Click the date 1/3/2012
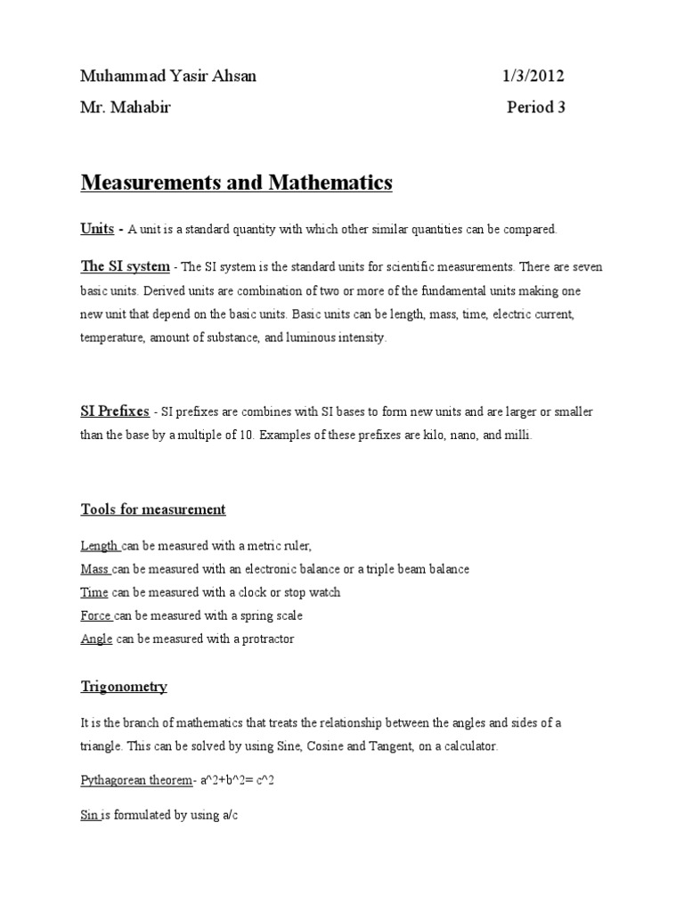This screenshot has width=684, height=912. point(533,77)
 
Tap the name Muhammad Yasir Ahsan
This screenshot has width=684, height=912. point(168,77)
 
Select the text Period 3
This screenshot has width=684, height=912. point(536,108)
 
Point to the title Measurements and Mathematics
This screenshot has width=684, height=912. point(236,183)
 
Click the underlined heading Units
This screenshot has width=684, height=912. point(97,229)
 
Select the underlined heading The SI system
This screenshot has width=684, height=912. point(125,266)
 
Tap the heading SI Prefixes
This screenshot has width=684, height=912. point(114,411)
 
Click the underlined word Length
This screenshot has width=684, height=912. point(98,546)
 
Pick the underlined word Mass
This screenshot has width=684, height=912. point(94,569)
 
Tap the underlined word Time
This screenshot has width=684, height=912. point(94,592)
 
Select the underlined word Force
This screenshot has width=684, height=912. point(95,615)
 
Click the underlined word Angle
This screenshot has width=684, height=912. point(96,639)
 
